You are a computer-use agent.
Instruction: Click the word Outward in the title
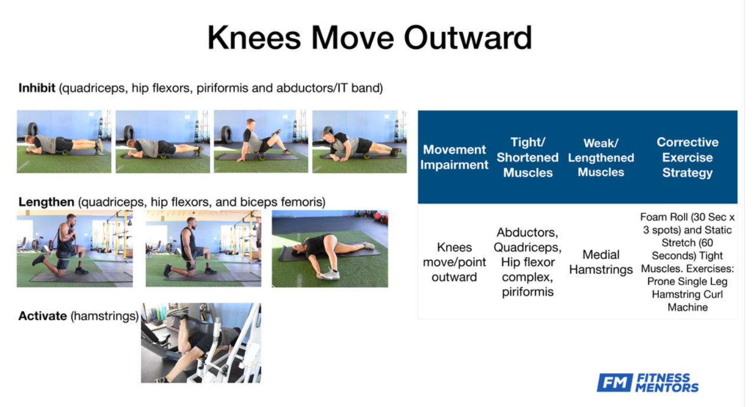[468, 38]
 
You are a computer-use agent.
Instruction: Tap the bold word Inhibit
[37, 88]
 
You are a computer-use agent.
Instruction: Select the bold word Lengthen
[46, 202]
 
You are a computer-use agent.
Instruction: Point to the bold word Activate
[42, 316]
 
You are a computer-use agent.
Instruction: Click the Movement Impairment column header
[454, 157]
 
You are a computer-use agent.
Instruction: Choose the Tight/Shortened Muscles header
[527, 157]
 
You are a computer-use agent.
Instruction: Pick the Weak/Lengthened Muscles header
[601, 157]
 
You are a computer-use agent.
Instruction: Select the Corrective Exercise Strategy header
[688, 157]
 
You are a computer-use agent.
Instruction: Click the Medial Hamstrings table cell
[601, 262]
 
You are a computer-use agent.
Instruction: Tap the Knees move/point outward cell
[454, 262]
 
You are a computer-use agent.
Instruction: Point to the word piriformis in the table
[527, 292]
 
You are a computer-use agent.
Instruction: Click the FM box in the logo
[615, 382]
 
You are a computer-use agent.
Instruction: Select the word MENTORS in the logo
[667, 388]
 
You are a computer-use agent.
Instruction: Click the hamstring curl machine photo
[201, 343]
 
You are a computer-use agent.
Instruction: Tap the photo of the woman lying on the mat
[330, 249]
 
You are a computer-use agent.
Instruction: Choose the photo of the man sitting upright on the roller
[261, 142]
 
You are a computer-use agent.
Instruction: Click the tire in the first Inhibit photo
[32, 130]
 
